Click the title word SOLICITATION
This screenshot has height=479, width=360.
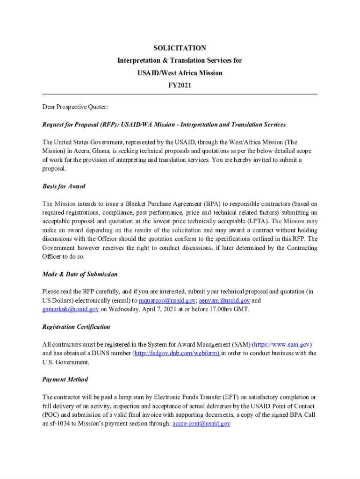point(180,48)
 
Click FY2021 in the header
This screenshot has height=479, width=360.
point(180,85)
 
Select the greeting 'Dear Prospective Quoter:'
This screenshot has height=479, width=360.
point(75,107)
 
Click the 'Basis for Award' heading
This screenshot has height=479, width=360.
point(64,186)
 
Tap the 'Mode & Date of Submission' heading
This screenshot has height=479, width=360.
point(80,274)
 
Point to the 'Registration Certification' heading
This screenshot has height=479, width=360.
point(76,327)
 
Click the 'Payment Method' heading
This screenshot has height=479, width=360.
point(65,379)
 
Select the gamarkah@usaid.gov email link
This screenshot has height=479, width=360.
point(70,309)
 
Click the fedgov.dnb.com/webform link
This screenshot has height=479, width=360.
point(177,353)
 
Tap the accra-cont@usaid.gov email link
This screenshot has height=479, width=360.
point(201,423)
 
